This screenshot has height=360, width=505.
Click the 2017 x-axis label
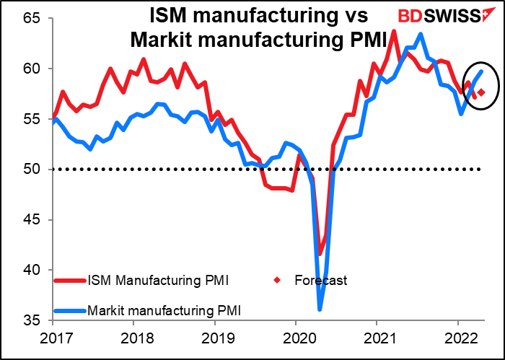pyautogui.click(x=53, y=338)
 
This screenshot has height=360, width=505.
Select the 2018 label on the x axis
pyautogui.click(x=134, y=338)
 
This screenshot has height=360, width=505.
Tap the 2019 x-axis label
pyautogui.click(x=216, y=338)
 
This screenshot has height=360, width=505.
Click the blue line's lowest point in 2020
pyautogui.click(x=320, y=309)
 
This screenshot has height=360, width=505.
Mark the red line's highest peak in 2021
pyautogui.click(x=394, y=31)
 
